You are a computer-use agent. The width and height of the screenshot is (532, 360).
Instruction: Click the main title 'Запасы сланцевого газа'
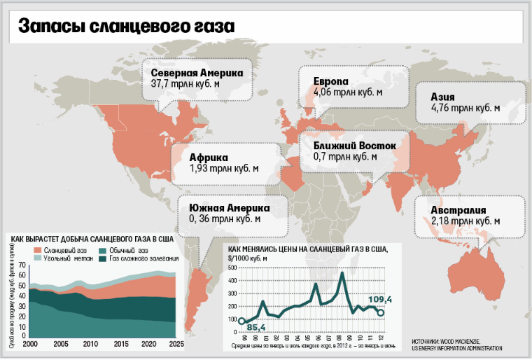[x=127, y=27]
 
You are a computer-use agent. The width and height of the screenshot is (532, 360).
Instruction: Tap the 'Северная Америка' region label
[x=197, y=73]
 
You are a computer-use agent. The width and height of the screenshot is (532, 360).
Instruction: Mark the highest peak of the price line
[x=342, y=272]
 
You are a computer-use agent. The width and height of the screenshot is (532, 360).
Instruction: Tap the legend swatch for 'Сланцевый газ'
[x=37, y=251]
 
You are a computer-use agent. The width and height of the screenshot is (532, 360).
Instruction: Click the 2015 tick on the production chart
[x=120, y=345]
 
